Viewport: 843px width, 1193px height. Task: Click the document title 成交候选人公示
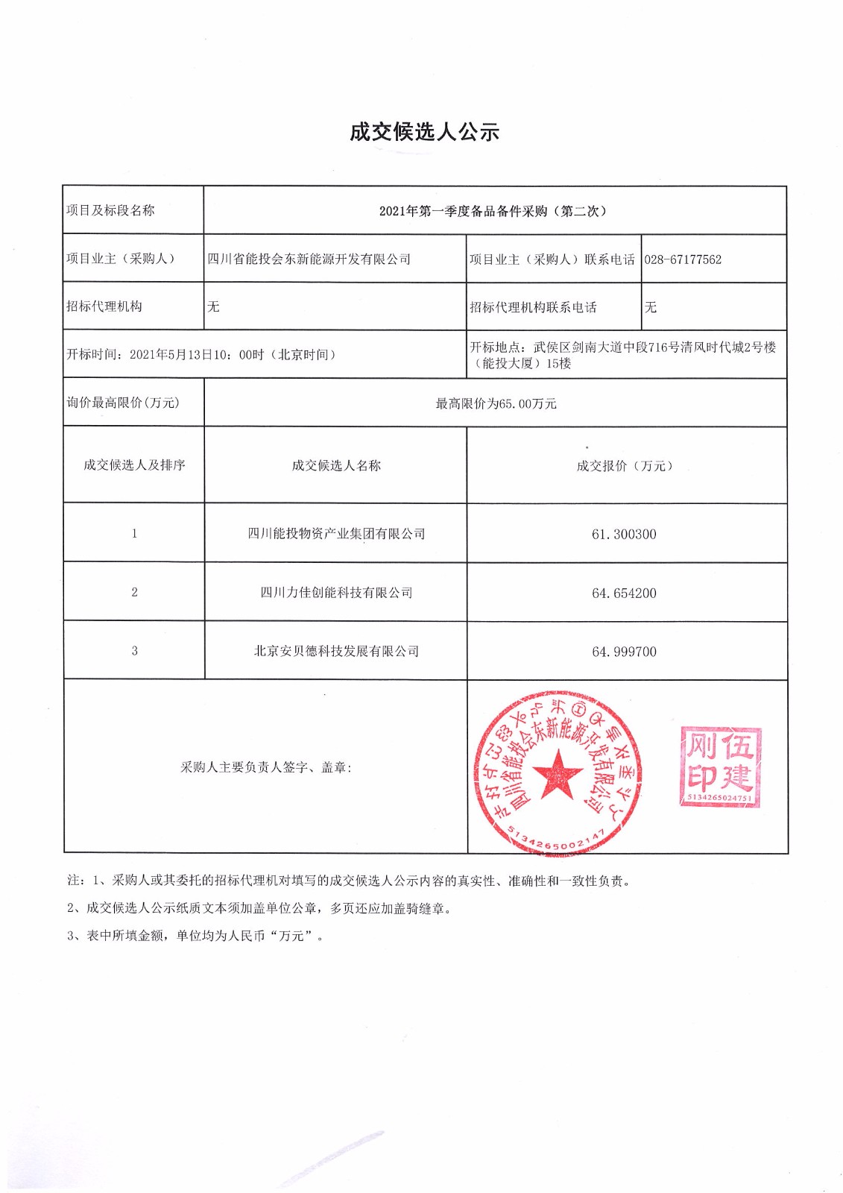click(x=424, y=132)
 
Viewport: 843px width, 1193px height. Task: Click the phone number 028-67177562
click(x=683, y=259)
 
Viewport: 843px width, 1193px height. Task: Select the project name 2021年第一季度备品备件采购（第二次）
click(x=494, y=211)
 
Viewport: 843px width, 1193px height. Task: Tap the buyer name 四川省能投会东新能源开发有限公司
click(x=309, y=259)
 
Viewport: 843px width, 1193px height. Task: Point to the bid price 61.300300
click(x=624, y=534)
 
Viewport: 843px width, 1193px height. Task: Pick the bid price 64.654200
click(x=624, y=593)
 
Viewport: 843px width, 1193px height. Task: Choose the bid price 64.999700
click(x=624, y=652)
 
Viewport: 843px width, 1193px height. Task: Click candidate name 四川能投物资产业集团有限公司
click(x=336, y=534)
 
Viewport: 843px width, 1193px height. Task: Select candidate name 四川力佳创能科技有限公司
click(x=336, y=593)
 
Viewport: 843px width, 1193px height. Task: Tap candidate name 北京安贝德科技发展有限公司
click(x=336, y=651)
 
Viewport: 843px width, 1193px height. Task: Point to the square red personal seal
click(x=720, y=767)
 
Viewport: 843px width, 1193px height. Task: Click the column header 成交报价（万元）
click(x=625, y=466)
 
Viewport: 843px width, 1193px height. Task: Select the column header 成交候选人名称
click(x=336, y=466)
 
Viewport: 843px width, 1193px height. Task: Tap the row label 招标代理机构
click(x=104, y=306)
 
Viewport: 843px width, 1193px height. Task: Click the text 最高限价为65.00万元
click(x=496, y=403)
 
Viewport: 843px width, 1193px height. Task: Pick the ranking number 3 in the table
click(x=134, y=651)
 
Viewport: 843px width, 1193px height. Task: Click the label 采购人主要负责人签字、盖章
click(x=266, y=767)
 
